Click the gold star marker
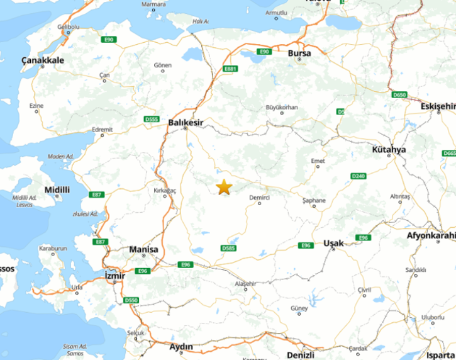(x=224, y=187)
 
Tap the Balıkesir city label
(x=185, y=122)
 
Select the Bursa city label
(x=299, y=53)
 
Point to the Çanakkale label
(x=43, y=60)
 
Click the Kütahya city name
(x=389, y=150)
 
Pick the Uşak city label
(x=333, y=243)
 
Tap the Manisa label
(x=143, y=250)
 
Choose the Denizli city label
(x=300, y=355)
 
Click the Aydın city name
(x=181, y=347)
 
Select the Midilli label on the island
(x=57, y=189)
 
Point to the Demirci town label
(x=259, y=198)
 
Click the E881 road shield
(x=231, y=69)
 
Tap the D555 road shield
(x=151, y=119)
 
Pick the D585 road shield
(x=229, y=249)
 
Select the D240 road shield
(x=358, y=176)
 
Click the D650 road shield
(x=399, y=95)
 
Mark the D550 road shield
(x=131, y=300)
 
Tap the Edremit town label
(x=102, y=130)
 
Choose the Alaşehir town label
(x=245, y=284)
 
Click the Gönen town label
(x=162, y=65)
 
